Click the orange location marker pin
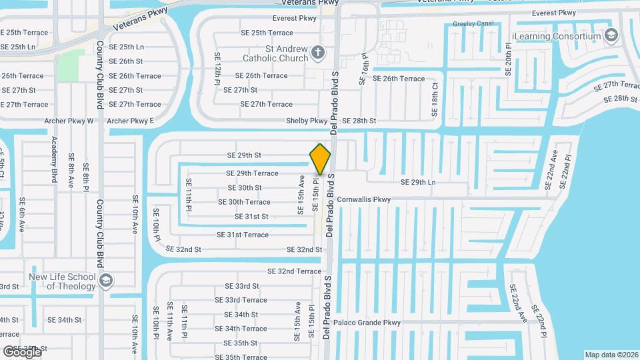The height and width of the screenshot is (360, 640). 321,159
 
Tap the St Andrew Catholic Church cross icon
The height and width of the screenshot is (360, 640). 318,53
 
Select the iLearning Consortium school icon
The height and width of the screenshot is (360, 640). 611,36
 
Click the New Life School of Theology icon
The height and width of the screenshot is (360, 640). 106,281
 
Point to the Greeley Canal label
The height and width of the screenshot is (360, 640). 473,23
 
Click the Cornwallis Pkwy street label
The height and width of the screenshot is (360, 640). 364,199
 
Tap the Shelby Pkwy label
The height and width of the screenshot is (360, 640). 307,121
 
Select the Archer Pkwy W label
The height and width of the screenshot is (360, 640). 69,121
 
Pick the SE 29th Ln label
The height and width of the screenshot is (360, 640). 418,182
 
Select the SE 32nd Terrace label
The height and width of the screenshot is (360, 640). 294,271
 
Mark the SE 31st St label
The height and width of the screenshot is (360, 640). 251,217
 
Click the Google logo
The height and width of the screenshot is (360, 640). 22,351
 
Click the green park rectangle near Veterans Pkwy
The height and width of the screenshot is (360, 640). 67,66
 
